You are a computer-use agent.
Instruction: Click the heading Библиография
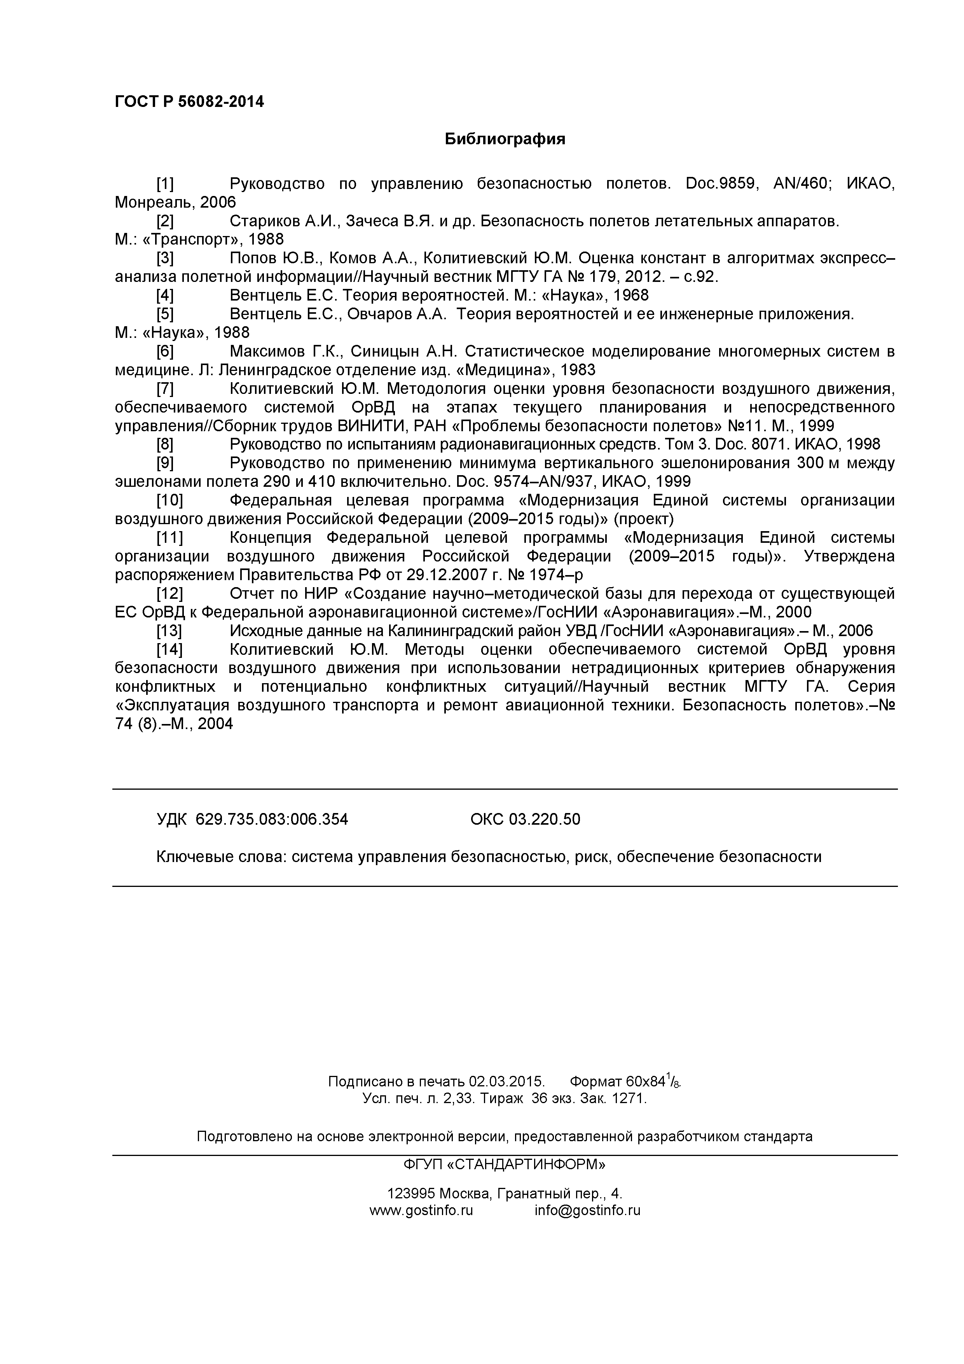[505, 140]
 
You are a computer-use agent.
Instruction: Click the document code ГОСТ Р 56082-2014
[189, 102]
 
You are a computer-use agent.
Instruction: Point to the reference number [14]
[169, 649]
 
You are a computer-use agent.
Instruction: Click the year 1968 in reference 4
[631, 295]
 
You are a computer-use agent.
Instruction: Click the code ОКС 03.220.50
[525, 820]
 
